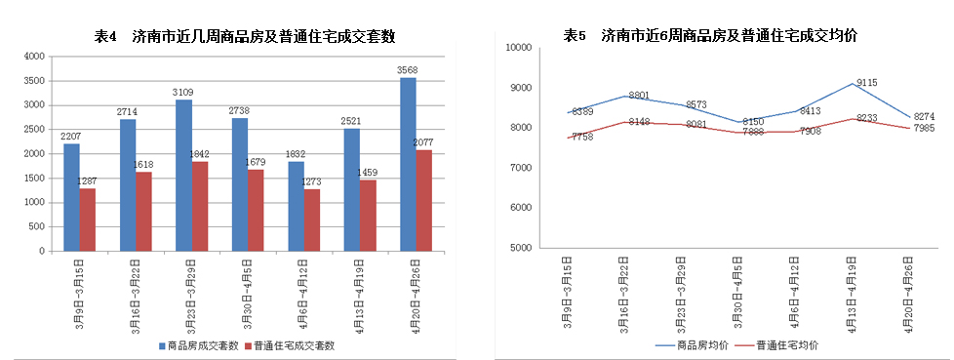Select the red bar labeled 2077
424,200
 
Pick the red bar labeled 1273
312,220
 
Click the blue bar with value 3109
183,176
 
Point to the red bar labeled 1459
369,215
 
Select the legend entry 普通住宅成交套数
295,345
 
